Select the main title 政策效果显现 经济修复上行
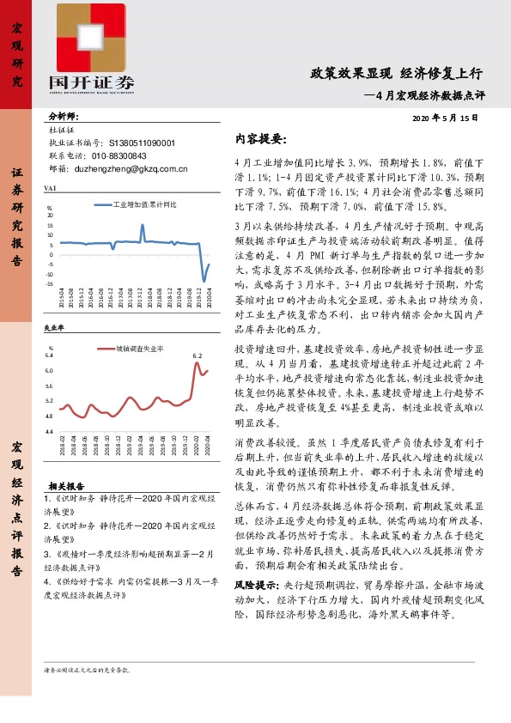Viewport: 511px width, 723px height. click(x=397, y=74)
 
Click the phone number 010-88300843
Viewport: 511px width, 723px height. click(x=115, y=156)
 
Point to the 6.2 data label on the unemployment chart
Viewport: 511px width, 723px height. click(x=197, y=355)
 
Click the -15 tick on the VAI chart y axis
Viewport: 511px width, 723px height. click(x=51, y=284)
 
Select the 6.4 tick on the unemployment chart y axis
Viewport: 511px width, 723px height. click(x=49, y=355)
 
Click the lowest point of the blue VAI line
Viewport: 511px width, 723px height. click(x=204, y=281)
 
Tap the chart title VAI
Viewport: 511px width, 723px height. click(x=49, y=187)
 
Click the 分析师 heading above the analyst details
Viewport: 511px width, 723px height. click(x=64, y=115)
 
